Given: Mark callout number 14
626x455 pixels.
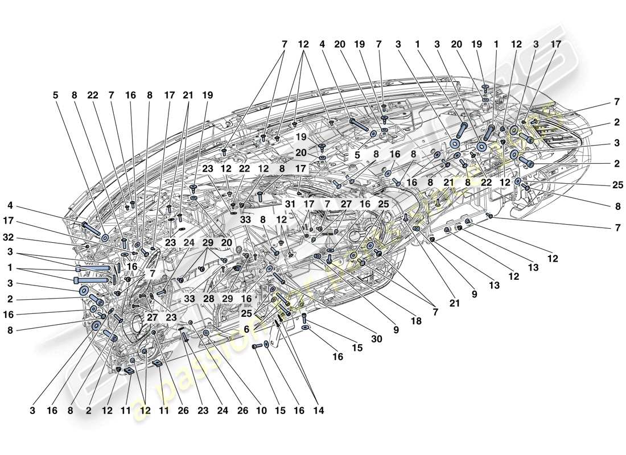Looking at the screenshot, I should [x=319, y=410].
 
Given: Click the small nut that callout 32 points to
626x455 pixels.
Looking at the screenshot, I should [x=87, y=246].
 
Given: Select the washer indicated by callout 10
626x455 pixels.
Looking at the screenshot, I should [x=206, y=332].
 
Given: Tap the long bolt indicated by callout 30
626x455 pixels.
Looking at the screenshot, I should [x=278, y=278].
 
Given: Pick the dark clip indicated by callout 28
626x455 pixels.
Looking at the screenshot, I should [x=221, y=267].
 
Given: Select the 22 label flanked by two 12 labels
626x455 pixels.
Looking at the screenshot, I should [x=245, y=169].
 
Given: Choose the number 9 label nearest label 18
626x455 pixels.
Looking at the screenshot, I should [x=394, y=329].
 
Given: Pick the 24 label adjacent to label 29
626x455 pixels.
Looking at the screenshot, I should [x=188, y=242].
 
